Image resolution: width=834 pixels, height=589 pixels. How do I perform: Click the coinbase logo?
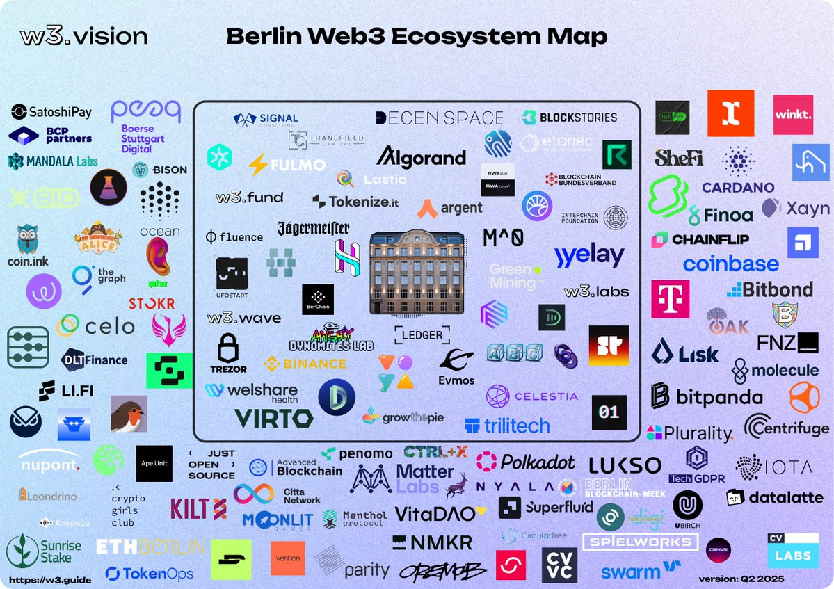(730, 264)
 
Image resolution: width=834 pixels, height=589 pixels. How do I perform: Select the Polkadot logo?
(526, 461)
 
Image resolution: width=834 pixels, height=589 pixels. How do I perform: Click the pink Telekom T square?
(670, 299)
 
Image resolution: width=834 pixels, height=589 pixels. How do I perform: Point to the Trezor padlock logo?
(228, 353)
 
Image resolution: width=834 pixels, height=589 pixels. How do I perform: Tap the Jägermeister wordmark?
(313, 228)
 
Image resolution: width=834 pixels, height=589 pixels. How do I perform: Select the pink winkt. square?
(792, 115)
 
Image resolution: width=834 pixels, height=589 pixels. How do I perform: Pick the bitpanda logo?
(706, 396)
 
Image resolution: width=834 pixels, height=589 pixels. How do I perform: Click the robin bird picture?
(129, 414)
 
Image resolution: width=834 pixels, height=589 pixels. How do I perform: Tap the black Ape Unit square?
(154, 464)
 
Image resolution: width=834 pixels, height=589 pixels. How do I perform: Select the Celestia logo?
(532, 396)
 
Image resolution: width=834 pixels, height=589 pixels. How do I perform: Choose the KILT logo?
(198, 509)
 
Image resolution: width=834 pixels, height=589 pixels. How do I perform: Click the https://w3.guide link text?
(50, 580)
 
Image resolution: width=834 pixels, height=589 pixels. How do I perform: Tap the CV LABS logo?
(792, 550)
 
